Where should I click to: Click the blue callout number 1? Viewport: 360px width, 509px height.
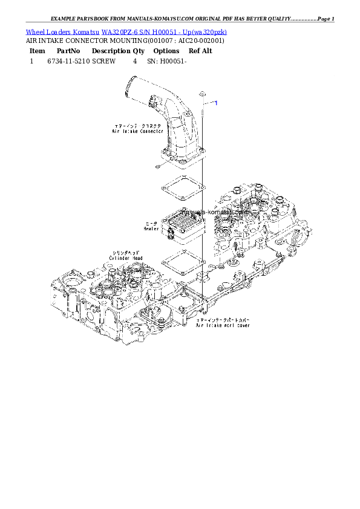tap(216, 103)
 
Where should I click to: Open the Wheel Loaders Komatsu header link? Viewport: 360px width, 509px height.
tap(126, 31)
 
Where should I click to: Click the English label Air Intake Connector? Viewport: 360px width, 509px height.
tap(137, 131)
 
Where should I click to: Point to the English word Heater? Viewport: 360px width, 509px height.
tap(151, 229)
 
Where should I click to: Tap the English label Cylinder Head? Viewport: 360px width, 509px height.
tap(126, 258)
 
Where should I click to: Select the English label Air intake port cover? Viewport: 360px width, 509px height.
tap(223, 325)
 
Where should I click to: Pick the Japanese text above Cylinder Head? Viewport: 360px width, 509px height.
tap(126, 252)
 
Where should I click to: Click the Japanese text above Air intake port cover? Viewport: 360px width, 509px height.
tap(223, 319)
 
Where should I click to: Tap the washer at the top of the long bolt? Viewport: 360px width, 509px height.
tap(203, 94)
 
